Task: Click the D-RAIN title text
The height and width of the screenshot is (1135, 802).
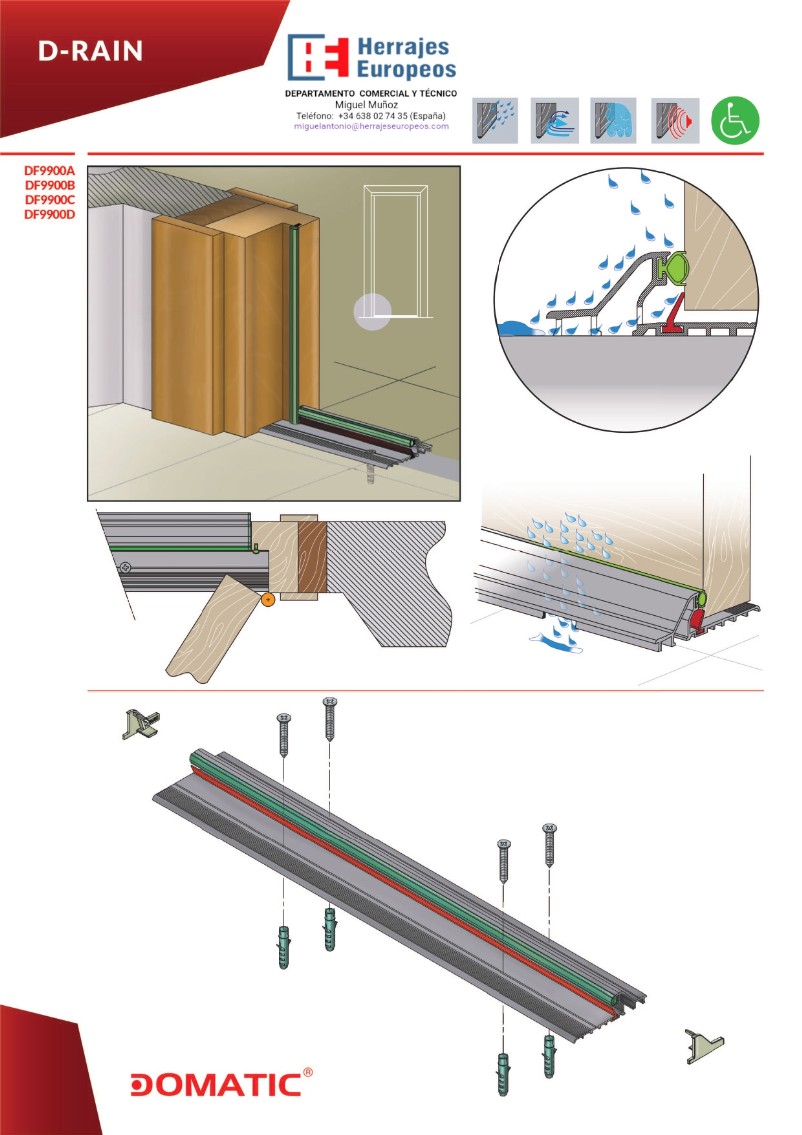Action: [90, 52]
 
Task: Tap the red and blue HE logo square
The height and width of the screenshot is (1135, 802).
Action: [319, 57]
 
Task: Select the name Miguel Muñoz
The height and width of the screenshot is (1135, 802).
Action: [370, 104]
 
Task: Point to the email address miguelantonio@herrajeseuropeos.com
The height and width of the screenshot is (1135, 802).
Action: [371, 127]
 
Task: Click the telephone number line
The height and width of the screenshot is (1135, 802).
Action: [371, 115]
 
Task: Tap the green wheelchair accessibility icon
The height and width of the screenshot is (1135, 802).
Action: [735, 121]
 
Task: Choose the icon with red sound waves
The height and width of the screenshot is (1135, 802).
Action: [675, 121]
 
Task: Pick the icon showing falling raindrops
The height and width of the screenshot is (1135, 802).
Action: [495, 121]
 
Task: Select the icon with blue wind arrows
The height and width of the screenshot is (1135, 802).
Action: [555, 121]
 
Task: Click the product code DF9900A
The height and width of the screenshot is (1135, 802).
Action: [50, 171]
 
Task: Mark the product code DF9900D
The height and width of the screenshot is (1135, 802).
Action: [50, 213]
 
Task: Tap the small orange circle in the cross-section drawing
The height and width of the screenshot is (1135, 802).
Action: [268, 599]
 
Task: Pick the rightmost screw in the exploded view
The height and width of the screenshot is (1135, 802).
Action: [549, 846]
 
